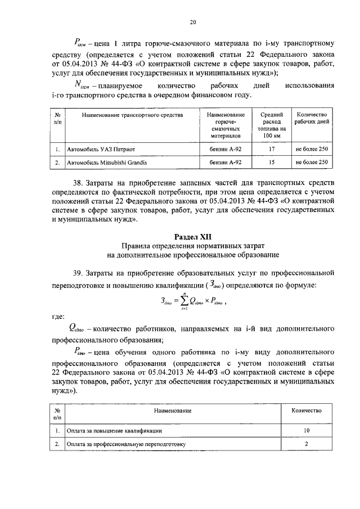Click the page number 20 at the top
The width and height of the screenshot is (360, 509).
coord(192,22)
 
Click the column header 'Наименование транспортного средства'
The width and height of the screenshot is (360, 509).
coord(132,115)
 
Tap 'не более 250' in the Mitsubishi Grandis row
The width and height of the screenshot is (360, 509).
coord(311,163)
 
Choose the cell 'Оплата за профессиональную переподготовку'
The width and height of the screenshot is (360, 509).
coord(125,444)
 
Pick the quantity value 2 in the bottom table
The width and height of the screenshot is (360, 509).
coord(306,444)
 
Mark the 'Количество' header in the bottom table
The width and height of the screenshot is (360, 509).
coord(306,411)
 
